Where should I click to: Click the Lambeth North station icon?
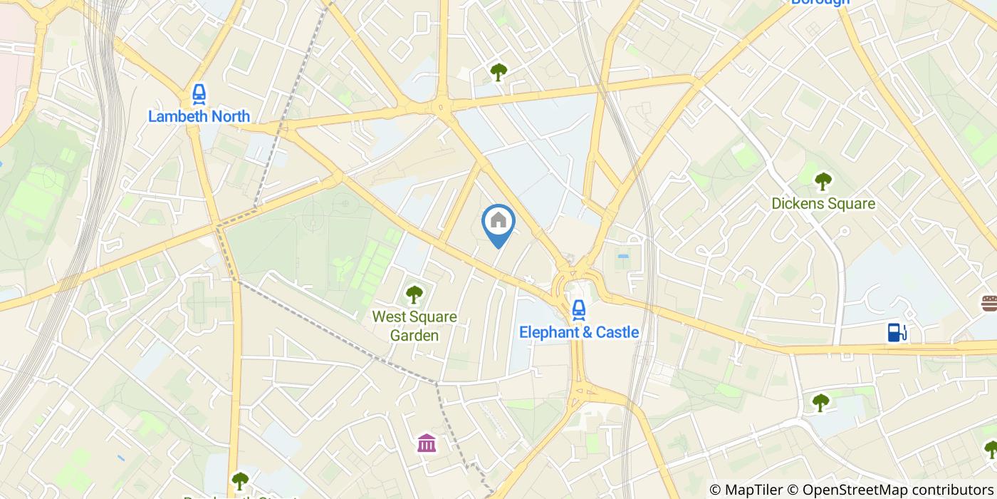199,93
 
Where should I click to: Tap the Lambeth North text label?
199,116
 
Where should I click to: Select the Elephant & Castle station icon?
579,309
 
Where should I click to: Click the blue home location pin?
499,222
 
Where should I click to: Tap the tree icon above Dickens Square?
823,181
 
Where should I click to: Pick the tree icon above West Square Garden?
414,294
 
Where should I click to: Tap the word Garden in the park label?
414,335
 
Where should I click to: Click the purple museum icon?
427,443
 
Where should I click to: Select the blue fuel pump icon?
897,331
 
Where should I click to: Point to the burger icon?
989,303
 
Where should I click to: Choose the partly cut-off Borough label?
820,2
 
